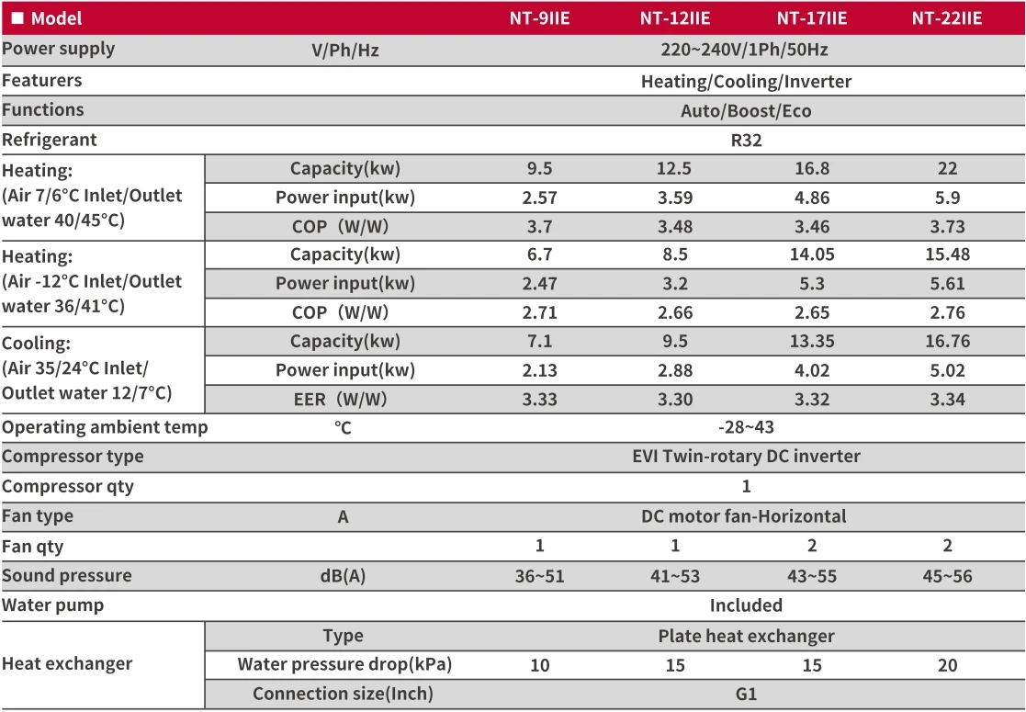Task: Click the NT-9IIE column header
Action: tap(539, 18)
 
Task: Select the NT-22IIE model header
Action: tap(947, 18)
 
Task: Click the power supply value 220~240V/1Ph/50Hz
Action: tap(745, 50)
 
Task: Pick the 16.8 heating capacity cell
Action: tap(812, 169)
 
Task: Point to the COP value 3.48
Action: tap(675, 227)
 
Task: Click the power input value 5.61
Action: tap(947, 283)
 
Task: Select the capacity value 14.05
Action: tap(812, 254)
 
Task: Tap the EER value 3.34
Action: tap(947, 399)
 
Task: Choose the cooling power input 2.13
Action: tap(539, 370)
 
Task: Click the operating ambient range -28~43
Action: tap(746, 427)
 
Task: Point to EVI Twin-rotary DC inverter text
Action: tap(746, 457)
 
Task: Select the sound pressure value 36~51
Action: tap(539, 577)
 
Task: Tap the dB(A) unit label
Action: tap(343, 577)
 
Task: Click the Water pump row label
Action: tap(53, 605)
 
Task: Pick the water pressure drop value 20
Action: tap(947, 665)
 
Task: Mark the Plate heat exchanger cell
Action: tap(746, 636)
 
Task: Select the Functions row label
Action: tap(43, 110)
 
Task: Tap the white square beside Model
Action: tap(17, 18)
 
